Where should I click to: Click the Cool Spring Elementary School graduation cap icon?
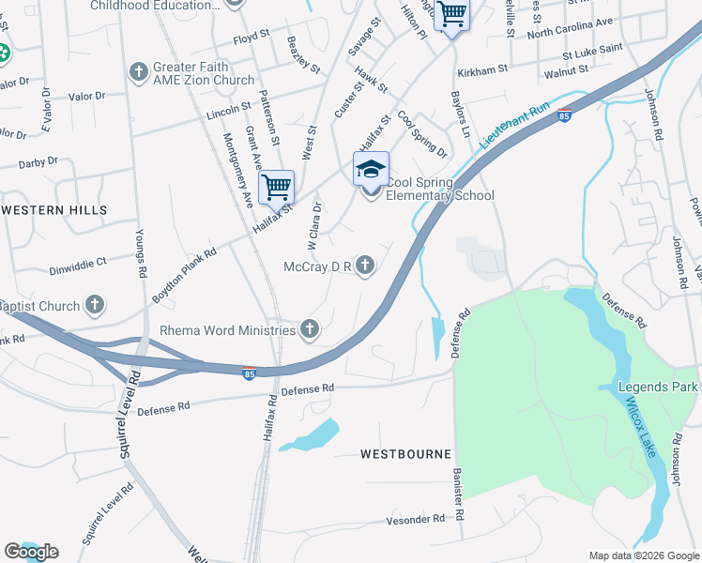[371, 170]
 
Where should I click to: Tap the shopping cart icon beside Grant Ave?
[276, 187]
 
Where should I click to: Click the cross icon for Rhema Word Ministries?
[310, 328]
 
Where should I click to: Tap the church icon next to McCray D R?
[365, 267]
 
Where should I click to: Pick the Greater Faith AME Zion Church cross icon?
[138, 73]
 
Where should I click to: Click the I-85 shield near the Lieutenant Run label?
[563, 115]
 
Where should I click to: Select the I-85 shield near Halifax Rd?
[250, 373]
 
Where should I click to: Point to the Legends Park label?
[659, 387]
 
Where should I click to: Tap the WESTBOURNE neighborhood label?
[405, 454]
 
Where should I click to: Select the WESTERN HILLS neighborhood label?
[53, 210]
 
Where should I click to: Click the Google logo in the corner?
[31, 552]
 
